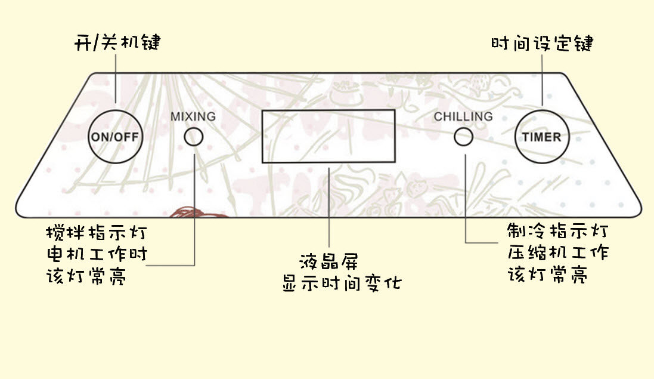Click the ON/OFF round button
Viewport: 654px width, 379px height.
[x=117, y=135]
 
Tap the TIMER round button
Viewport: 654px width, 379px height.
[x=541, y=136]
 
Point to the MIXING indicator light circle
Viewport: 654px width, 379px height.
[x=193, y=137]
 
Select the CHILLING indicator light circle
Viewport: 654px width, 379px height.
[x=463, y=137]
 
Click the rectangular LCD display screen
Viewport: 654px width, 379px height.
[x=328, y=136]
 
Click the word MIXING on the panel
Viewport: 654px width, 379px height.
[x=193, y=116]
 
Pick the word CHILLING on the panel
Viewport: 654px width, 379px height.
[x=463, y=116]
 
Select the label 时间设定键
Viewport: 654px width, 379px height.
[x=542, y=44]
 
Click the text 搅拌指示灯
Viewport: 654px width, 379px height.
[x=96, y=232]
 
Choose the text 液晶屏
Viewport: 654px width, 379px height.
[x=329, y=261]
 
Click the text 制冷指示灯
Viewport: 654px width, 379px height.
[x=557, y=230]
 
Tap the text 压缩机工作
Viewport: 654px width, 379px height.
[x=557, y=252]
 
